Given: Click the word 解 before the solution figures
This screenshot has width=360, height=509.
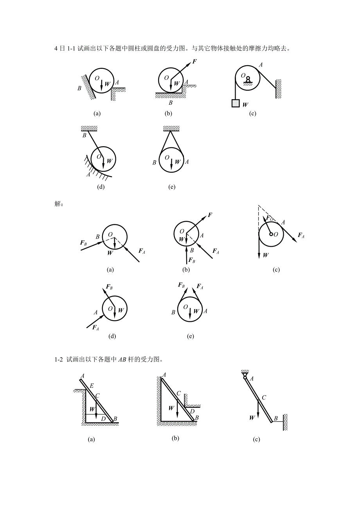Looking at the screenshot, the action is coord(57,204).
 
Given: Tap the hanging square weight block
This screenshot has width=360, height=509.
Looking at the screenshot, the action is coord(236,103).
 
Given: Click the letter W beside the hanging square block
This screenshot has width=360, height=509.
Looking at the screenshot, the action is coord(245,105).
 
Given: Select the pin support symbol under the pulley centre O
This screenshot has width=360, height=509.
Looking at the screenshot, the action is coord(248,80).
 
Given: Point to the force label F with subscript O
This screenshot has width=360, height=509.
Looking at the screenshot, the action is coord(270,218).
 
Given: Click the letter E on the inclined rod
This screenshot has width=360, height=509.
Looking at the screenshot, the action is coord(92,385).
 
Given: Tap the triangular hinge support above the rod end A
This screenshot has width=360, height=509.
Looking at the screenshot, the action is coord(245,373).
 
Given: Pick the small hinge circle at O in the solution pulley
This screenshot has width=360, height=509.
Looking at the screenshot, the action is coord(271,234).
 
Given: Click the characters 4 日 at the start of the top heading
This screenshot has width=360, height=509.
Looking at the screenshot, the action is coord(60,48).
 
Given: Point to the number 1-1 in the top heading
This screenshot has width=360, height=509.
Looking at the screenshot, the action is coord(71,48).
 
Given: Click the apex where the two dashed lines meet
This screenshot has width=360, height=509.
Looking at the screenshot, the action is coord(259,205).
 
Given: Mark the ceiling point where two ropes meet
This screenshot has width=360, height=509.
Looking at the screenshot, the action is coord(171,131).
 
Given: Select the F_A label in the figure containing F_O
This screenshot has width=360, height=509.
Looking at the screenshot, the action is coord(301,235).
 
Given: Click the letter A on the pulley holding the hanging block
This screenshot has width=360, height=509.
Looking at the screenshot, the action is coord(261,65).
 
